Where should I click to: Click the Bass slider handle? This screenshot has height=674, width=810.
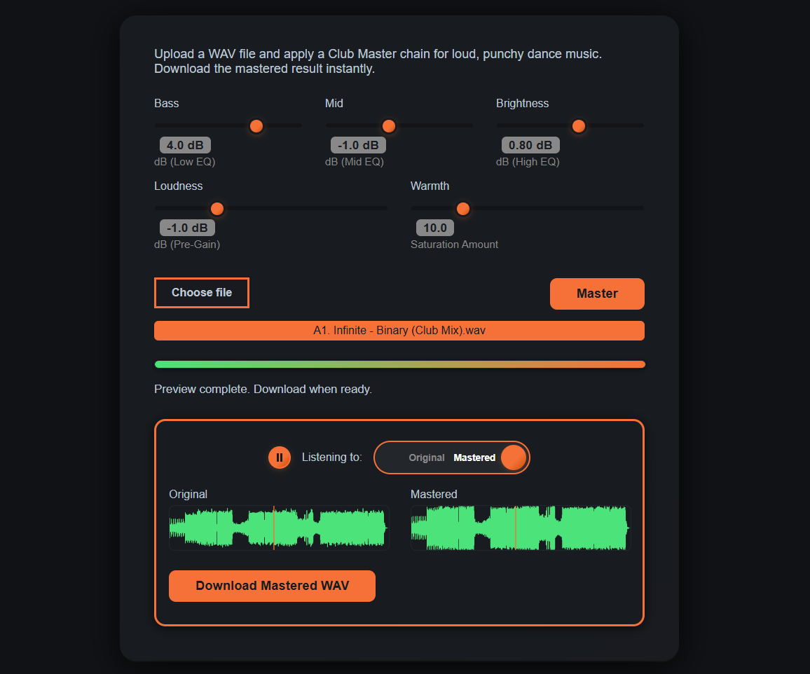(256, 126)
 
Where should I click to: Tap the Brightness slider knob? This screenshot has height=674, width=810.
(578, 126)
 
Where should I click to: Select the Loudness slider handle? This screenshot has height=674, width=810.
(217, 209)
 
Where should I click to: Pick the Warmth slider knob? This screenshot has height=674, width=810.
(462, 209)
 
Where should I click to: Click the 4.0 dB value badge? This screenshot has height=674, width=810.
(185, 145)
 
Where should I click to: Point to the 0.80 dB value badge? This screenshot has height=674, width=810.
(530, 145)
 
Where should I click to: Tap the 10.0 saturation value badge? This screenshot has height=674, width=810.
(435, 228)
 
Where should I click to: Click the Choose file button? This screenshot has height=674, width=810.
(202, 293)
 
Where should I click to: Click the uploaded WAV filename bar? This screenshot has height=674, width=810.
(399, 331)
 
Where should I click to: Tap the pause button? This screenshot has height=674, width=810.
(280, 458)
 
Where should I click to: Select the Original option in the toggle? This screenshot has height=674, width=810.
(427, 458)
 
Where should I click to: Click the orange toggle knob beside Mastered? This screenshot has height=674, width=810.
(514, 458)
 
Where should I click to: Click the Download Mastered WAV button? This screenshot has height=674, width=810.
(272, 586)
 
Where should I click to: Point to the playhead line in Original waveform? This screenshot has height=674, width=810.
(274, 528)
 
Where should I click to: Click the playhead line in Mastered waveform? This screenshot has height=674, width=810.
(516, 528)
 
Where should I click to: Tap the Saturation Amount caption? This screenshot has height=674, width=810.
(454, 245)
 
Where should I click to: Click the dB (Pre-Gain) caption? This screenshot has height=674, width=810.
(187, 245)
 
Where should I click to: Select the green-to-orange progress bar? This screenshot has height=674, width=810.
(399, 364)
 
